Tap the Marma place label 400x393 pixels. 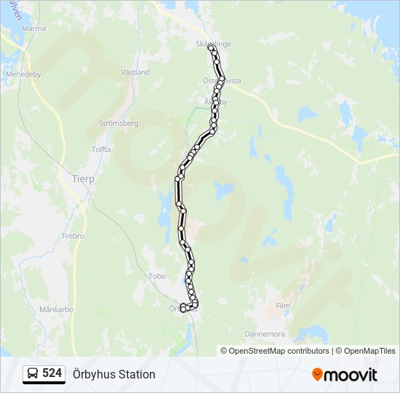point(33,28)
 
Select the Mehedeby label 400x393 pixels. point(23,74)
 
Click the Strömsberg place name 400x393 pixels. point(118,124)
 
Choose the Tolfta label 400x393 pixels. point(101,148)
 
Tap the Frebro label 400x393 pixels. point(73,236)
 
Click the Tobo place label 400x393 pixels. point(156,277)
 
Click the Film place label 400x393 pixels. point(283,306)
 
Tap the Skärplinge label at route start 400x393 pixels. point(213,44)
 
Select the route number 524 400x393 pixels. point(52,374)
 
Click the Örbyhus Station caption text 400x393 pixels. point(114,374)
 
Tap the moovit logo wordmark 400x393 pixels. point(351,375)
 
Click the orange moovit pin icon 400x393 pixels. point(317,375)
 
